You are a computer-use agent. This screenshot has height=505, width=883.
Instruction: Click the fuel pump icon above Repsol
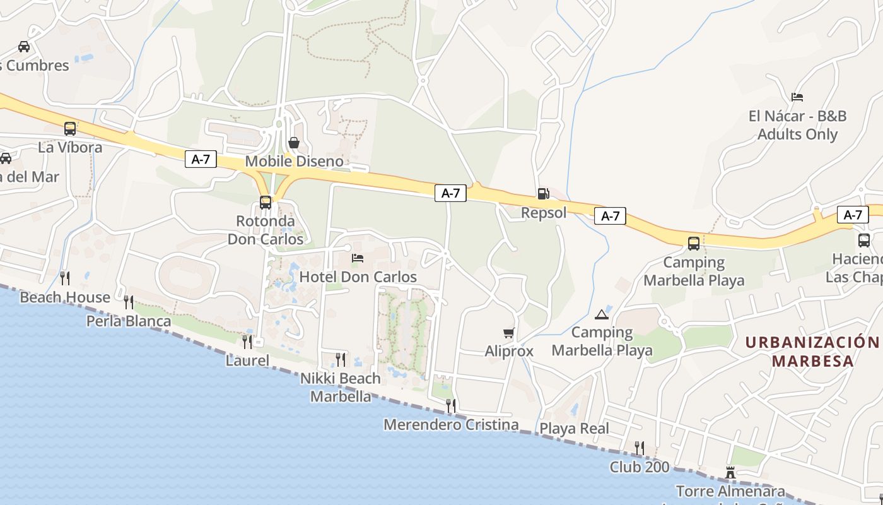(542, 194)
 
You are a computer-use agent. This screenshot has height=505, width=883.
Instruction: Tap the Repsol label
(544, 213)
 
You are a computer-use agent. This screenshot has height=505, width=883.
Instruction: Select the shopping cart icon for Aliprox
(508, 333)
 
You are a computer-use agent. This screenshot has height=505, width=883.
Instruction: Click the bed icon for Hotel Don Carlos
(358, 258)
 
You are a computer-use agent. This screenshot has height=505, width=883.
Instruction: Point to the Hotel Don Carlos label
(358, 277)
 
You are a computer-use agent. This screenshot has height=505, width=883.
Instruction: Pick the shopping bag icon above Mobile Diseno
(294, 143)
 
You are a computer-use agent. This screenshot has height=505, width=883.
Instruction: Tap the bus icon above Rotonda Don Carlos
(266, 203)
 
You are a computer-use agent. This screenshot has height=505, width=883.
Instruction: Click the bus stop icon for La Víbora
(70, 129)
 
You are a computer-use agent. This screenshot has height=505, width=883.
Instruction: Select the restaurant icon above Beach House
(64, 278)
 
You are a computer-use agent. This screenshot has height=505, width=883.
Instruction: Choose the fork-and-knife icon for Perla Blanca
(129, 302)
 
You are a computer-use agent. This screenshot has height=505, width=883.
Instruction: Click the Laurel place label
(247, 361)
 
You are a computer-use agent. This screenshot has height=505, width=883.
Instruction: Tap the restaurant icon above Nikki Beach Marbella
(341, 360)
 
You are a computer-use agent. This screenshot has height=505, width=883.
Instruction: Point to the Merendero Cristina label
(451, 425)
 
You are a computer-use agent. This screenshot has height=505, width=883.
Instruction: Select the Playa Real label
(574, 429)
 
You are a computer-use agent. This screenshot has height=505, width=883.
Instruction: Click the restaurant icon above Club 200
(640, 448)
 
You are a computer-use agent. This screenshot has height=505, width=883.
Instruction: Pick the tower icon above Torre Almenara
(730, 472)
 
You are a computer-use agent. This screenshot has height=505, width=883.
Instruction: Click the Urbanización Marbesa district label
(812, 352)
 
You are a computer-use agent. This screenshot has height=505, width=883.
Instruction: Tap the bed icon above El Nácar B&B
(797, 97)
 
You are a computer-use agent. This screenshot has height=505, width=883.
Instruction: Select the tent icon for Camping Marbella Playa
(601, 314)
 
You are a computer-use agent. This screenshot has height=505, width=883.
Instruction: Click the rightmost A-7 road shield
(852, 215)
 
